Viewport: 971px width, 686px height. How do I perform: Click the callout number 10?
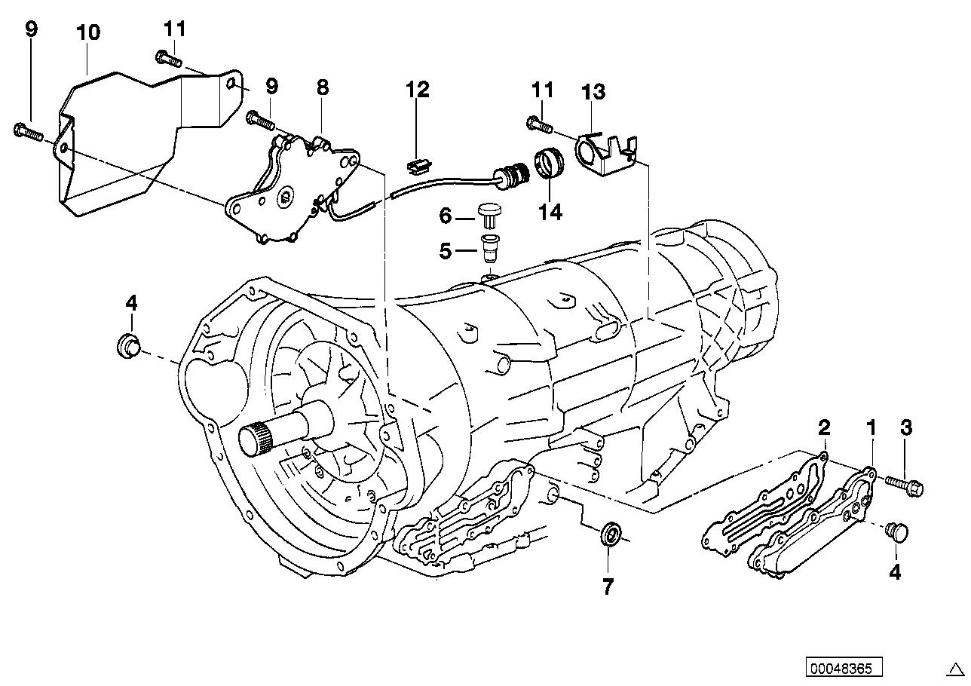click(x=88, y=32)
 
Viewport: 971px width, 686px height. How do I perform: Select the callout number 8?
click(x=323, y=87)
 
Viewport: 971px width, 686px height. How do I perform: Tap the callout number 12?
click(x=417, y=90)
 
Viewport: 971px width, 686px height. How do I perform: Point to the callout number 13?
click(x=593, y=92)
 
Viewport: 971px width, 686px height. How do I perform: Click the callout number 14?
click(x=550, y=212)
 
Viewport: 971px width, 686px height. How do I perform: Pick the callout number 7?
click(x=608, y=585)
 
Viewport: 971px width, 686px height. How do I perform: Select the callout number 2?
click(x=824, y=428)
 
